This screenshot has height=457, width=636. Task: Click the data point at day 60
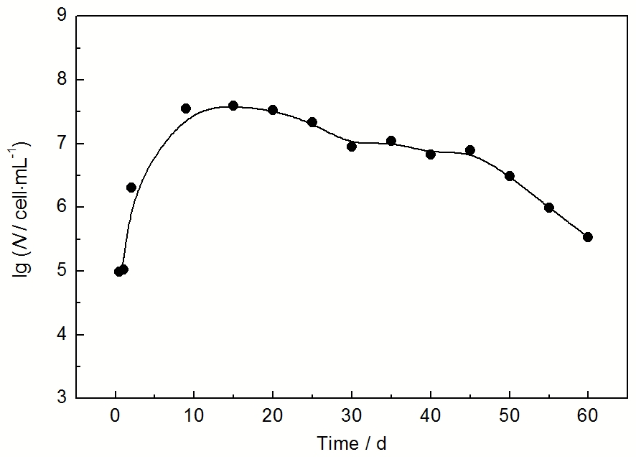[x=588, y=237]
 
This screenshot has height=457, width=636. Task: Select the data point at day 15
[x=233, y=106]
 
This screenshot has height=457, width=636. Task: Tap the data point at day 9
[x=186, y=109]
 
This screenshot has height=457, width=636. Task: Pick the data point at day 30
[x=352, y=147]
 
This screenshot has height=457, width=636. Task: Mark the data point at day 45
[x=470, y=150]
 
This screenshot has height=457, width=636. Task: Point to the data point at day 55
[x=549, y=208]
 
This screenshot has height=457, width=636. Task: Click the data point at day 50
[x=510, y=176]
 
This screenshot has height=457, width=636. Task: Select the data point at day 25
[x=312, y=122]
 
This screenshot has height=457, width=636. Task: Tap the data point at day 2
[x=131, y=188]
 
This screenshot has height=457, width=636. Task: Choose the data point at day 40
[x=431, y=154]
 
